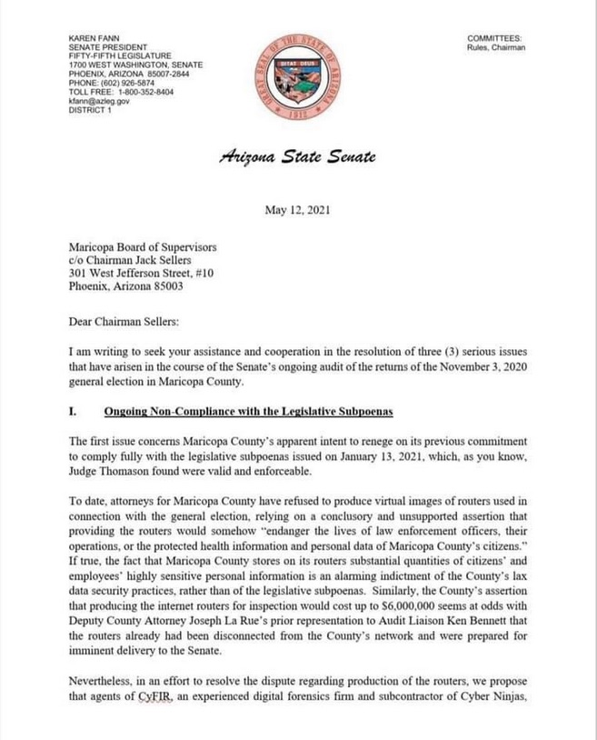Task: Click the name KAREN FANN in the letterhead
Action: click(x=91, y=38)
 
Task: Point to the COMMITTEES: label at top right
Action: click(x=494, y=38)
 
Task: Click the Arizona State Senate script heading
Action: click(x=297, y=156)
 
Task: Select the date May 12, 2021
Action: click(x=297, y=210)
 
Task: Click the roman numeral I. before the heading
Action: click(x=73, y=413)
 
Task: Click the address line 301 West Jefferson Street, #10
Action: click(x=141, y=272)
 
